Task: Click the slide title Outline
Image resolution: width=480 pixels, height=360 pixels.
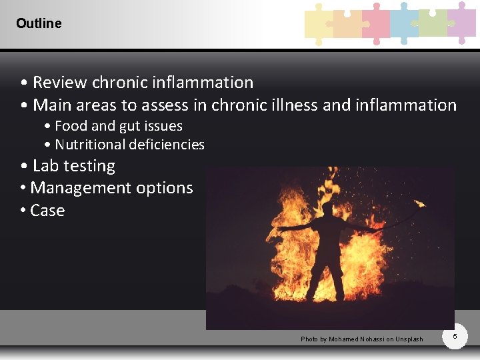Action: coord(39,23)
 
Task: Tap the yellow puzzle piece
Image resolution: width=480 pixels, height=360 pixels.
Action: coord(317,23)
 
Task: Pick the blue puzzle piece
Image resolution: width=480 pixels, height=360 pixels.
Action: coord(404,23)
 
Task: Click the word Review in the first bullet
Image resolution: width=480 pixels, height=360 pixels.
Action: coord(60,83)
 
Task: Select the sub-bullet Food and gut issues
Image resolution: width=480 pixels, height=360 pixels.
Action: coord(118,126)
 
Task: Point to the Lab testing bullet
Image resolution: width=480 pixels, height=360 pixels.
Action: coord(73,166)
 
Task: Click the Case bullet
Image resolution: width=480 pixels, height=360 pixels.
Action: coord(47,211)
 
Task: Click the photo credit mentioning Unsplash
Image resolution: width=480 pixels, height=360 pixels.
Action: coord(362,339)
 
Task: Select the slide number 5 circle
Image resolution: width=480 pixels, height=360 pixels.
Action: coord(455,337)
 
